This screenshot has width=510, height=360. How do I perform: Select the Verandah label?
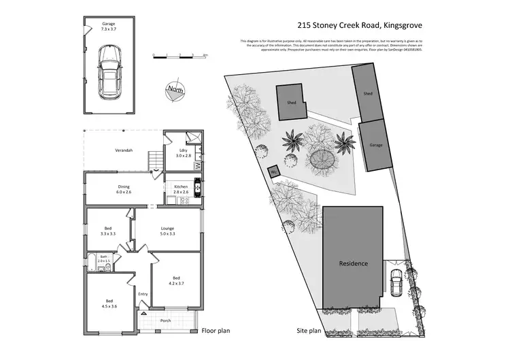tap(122, 150)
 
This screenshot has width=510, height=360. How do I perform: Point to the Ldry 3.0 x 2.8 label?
tap(182, 154)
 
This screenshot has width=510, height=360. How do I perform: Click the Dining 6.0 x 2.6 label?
tap(124, 190)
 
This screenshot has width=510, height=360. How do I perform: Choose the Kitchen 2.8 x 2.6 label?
tap(181, 189)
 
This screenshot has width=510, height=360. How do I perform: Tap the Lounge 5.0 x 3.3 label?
tap(168, 231)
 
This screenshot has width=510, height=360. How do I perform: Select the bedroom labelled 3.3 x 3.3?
tap(109, 231)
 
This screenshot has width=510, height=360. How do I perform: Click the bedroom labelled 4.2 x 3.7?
tap(176, 280)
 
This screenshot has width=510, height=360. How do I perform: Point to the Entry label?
tap(143, 294)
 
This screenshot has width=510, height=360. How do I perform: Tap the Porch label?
tap(165, 321)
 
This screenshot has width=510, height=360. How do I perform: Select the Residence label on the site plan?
tap(354, 263)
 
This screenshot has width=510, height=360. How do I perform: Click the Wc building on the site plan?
tap(274, 172)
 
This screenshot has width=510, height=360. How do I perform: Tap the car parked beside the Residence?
tap(396, 279)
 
